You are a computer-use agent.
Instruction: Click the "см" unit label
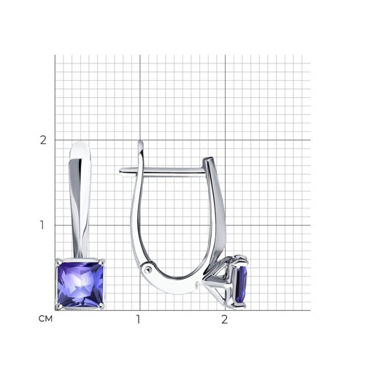(x=45, y=319)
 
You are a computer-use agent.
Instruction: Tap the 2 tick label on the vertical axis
(x=43, y=140)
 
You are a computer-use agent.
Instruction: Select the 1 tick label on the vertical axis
(x=42, y=225)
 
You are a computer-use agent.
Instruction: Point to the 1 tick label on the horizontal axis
(x=138, y=319)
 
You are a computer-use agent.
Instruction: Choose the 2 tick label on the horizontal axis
(x=224, y=319)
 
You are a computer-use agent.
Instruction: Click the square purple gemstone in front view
(x=80, y=284)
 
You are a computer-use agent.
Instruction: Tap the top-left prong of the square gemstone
(x=58, y=261)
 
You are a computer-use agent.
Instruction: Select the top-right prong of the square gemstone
(x=102, y=261)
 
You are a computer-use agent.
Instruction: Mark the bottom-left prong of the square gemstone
(x=58, y=307)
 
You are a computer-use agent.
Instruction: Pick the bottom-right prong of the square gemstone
(x=102, y=307)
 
